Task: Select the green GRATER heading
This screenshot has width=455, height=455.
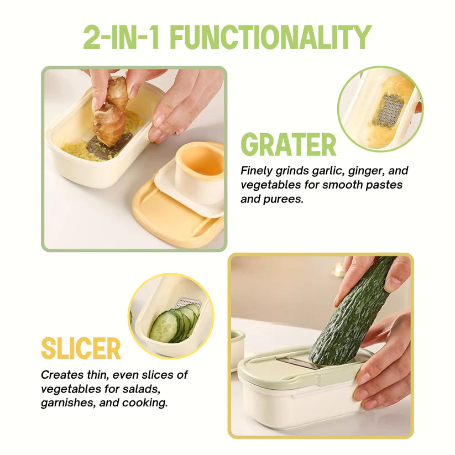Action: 288,145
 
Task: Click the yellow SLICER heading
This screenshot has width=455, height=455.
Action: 81,349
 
